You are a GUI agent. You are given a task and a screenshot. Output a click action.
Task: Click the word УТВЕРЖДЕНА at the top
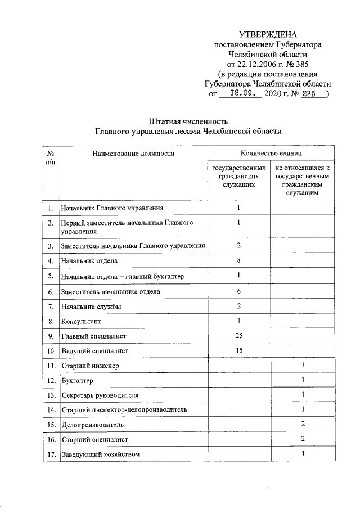[268, 34]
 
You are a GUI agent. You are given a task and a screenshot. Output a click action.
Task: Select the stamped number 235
[309, 94]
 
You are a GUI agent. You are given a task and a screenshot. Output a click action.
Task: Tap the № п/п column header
[51, 157]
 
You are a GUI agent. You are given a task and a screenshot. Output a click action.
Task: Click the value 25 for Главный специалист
[238, 336]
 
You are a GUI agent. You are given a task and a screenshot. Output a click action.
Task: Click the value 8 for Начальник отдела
[238, 260]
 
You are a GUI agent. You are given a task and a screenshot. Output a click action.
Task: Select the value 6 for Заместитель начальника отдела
[238, 291]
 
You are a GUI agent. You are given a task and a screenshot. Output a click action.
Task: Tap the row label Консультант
[83, 322]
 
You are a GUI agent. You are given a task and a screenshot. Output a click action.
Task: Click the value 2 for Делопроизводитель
[303, 424]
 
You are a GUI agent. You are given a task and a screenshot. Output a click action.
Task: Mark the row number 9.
[51, 336]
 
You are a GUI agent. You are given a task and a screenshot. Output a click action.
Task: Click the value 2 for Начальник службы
[238, 306]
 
